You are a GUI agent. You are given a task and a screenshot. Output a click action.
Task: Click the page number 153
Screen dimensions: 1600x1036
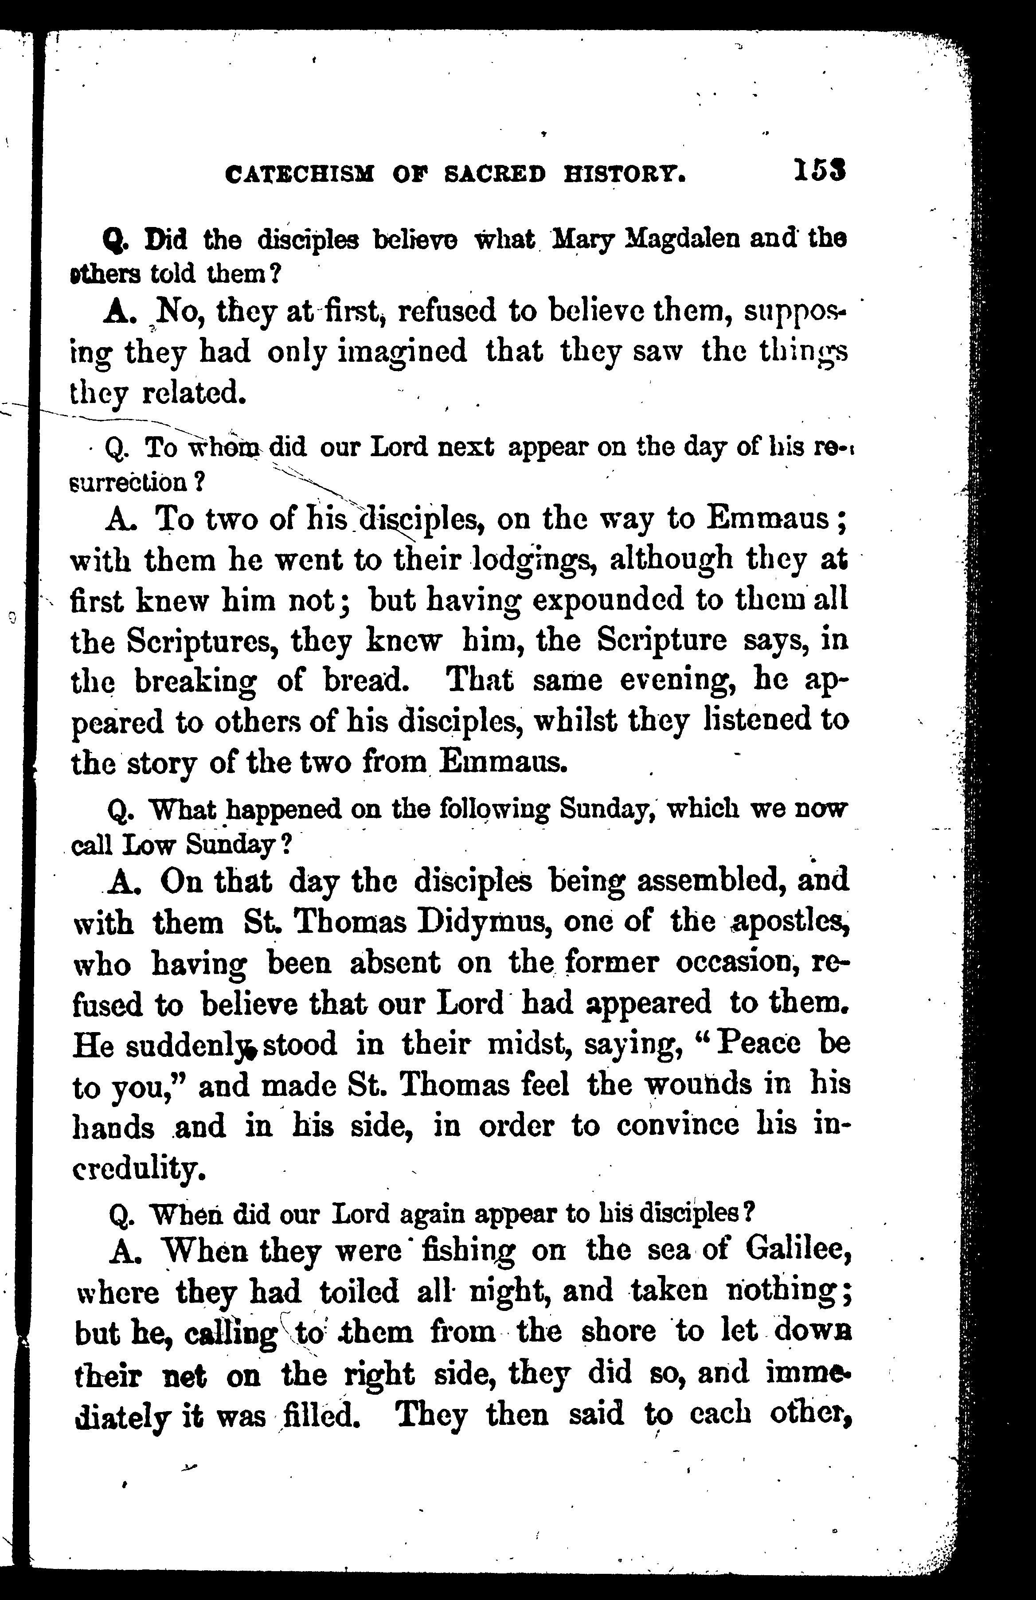tap(818, 171)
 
